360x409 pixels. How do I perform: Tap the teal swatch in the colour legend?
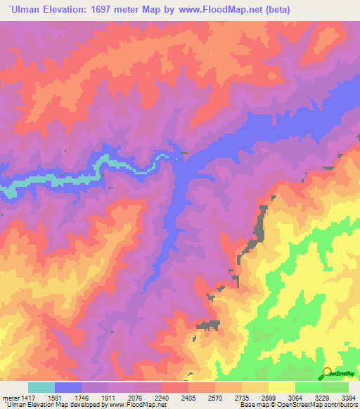[x=41, y=387]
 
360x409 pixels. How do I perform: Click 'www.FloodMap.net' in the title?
[x=207, y=9]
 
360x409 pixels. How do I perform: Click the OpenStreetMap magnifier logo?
[x=327, y=372]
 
